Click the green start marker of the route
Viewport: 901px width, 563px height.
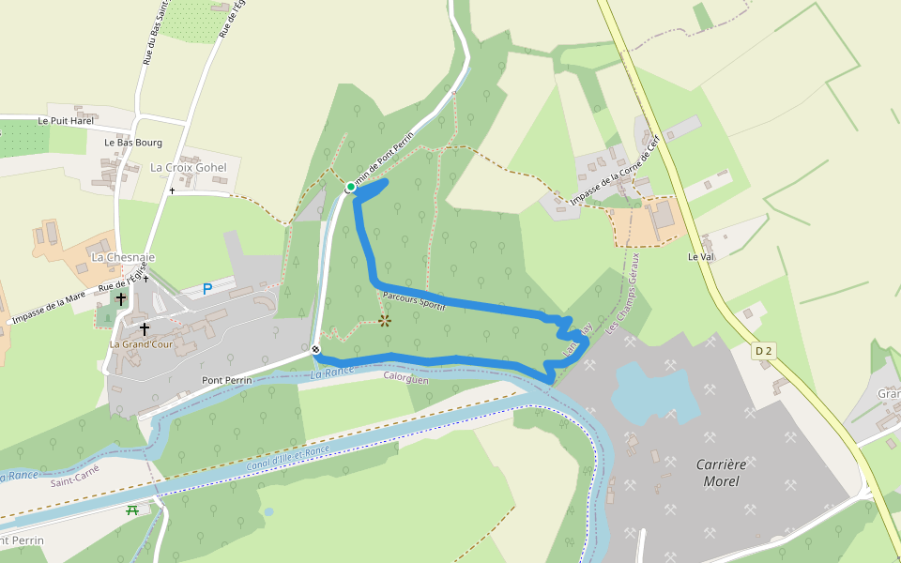351,187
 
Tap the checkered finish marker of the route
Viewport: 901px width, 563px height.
316,351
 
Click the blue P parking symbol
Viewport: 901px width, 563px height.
207,290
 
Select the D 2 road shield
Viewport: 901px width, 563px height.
763,351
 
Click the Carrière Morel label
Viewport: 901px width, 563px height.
718,473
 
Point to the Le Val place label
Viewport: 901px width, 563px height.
701,256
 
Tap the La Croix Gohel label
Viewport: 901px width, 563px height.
189,167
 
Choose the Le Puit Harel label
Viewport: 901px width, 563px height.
66,121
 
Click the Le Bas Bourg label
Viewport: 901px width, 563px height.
132,143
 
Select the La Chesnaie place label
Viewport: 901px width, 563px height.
123,256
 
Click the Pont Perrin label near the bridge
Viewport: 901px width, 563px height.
228,380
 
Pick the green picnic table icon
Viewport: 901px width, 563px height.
132,510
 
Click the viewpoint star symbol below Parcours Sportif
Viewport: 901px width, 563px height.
385,320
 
